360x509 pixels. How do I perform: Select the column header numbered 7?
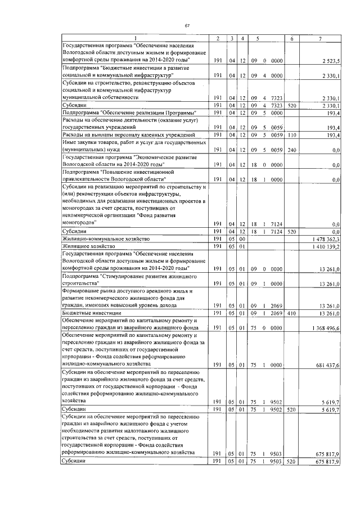pyautogui.click(x=319, y=38)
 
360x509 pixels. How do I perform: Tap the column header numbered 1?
pyautogui.click(x=134, y=38)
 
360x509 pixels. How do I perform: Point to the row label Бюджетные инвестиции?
pyautogui.click(x=91, y=313)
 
